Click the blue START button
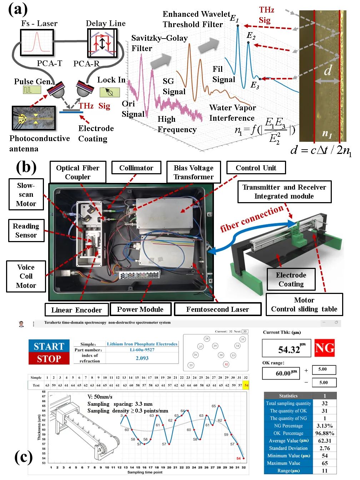point(49,346)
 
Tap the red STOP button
point(49,359)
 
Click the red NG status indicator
point(324,348)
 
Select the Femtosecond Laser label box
point(217,309)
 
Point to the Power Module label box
point(140,309)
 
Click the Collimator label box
point(136,168)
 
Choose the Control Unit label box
point(256,168)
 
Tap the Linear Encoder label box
point(76,310)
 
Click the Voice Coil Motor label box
point(26,276)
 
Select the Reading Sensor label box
point(26,231)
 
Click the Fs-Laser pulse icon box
point(37,42)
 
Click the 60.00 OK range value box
point(281,373)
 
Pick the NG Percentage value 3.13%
point(324,426)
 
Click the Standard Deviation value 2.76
point(324,448)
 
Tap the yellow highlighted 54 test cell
point(246,385)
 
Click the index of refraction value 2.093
point(142,358)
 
